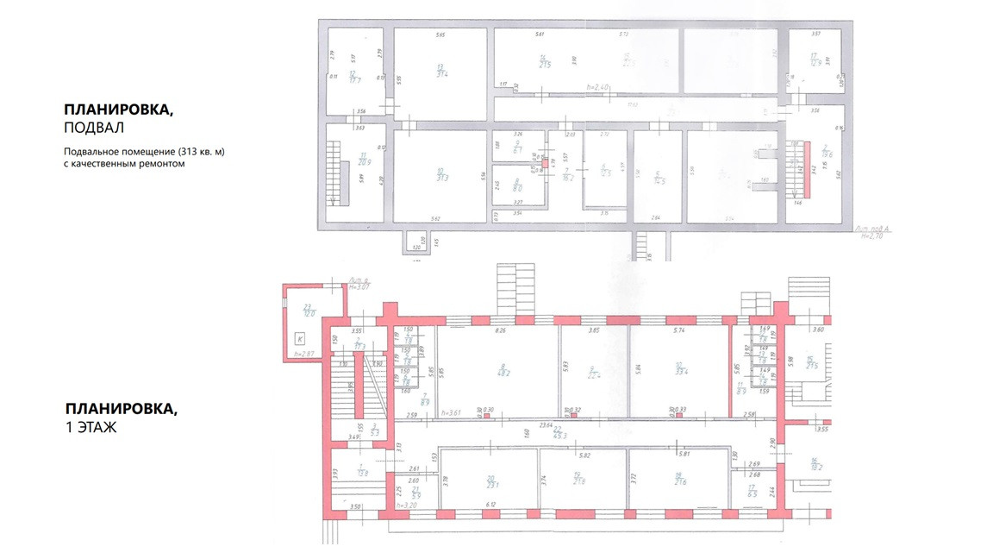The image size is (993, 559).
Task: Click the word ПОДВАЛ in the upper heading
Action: tap(95, 129)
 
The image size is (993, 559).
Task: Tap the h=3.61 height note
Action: tap(449, 412)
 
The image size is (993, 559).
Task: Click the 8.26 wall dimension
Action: tap(498, 330)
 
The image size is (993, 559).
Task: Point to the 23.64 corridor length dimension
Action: tap(545, 424)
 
